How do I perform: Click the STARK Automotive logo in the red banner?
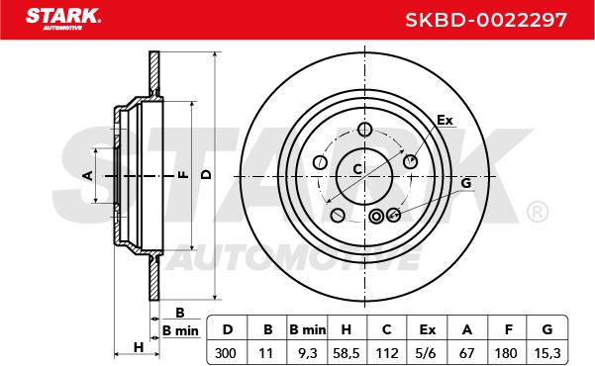point(63,19)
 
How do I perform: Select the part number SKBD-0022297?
point(486,20)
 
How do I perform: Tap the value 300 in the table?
point(225,353)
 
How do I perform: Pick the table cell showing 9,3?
point(307,353)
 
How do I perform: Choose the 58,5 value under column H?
point(347,353)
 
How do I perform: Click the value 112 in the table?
point(387,353)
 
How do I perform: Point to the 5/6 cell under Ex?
point(426,353)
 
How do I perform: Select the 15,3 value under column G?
point(546,353)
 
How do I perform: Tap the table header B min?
point(307,329)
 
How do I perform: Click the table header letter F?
point(509,329)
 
